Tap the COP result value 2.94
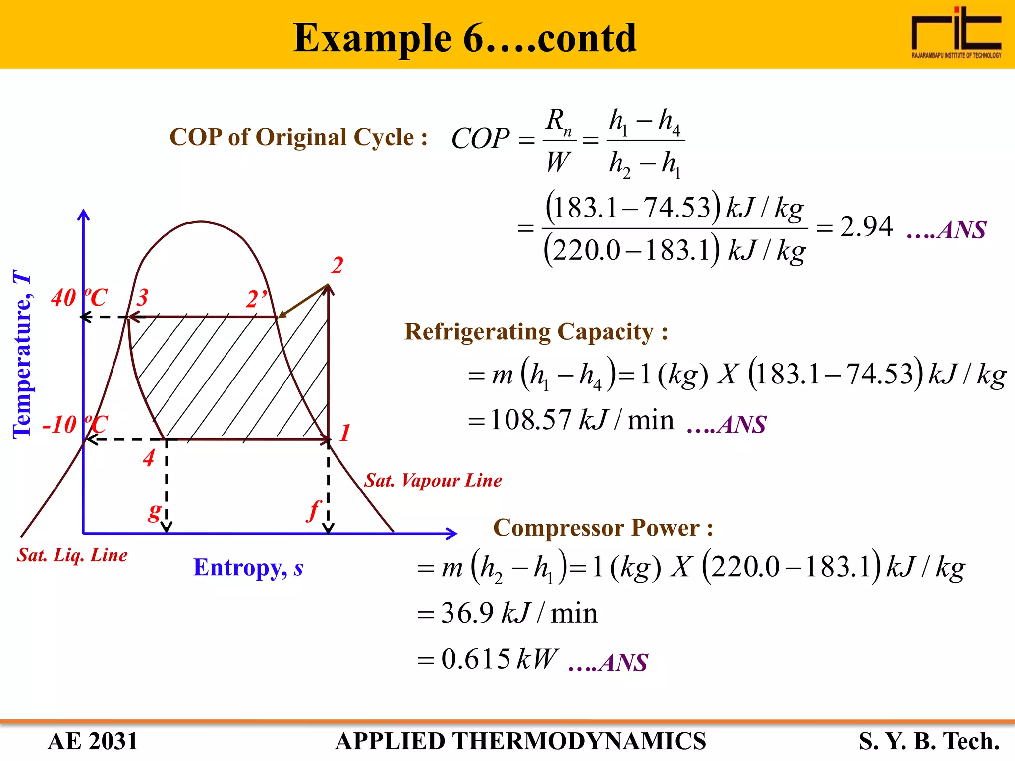pyautogui.click(x=866, y=227)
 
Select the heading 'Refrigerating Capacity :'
pyautogui.click(x=536, y=331)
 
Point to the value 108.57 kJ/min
pyautogui.click(x=582, y=420)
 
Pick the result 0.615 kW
pyautogui.click(x=500, y=659)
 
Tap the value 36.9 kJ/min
pyautogui.click(x=519, y=613)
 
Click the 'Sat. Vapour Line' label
pyautogui.click(x=433, y=480)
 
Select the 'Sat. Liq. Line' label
pyautogui.click(x=72, y=555)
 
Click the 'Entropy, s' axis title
pyautogui.click(x=248, y=567)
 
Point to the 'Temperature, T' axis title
pyautogui.click(x=22, y=354)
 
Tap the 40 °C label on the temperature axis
pyautogui.click(x=79, y=298)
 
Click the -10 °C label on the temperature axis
pyautogui.click(x=74, y=424)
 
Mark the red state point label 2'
pyautogui.click(x=256, y=299)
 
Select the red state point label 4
pyautogui.click(x=149, y=457)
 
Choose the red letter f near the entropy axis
pyautogui.click(x=314, y=510)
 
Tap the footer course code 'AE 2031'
pyautogui.click(x=93, y=741)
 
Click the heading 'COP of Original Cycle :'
pyautogui.click(x=298, y=137)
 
